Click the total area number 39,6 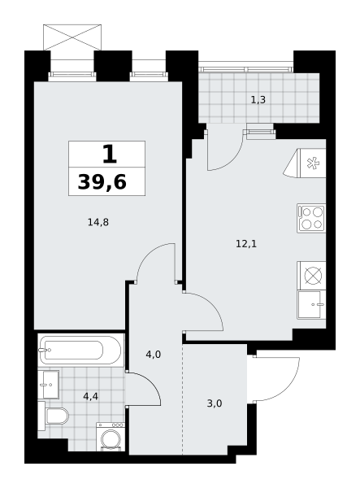click(x=102, y=182)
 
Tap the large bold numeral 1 click(x=110, y=155)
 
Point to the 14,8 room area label click(x=98, y=223)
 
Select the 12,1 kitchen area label click(x=246, y=244)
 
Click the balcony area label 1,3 click(x=258, y=100)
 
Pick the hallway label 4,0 click(x=154, y=354)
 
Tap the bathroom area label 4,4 click(x=91, y=397)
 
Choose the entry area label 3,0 click(x=215, y=403)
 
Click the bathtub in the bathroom click(x=80, y=350)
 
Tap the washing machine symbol click(x=111, y=436)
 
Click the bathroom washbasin click(x=49, y=385)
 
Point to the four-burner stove click(x=311, y=218)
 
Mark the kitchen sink click(x=311, y=304)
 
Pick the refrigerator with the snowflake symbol click(x=305, y=163)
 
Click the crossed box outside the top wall click(x=72, y=37)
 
